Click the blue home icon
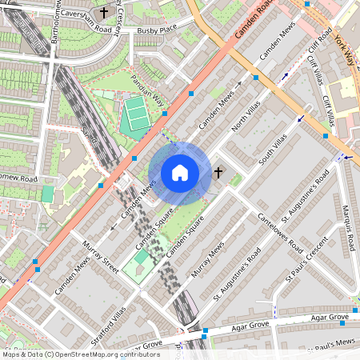(180, 173)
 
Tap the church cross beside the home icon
(218, 171)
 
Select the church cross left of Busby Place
(104, 13)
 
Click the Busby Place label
(156, 30)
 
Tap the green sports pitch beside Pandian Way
(135, 114)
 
